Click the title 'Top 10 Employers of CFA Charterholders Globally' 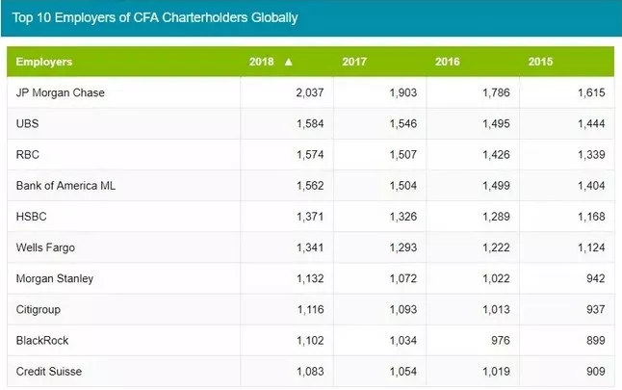click(156, 17)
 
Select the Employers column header click(44, 62)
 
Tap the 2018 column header click(261, 62)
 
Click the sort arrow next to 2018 click(288, 62)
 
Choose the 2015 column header click(541, 62)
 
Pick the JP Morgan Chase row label click(60, 92)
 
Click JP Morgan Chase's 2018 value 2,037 click(302, 92)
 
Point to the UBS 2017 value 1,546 click(396, 123)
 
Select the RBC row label click(28, 154)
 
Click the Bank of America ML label click(64, 185)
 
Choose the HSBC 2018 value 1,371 click(302, 216)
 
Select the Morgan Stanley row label click(54, 278)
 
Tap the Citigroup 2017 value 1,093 click(396, 309)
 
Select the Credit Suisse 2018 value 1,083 click(302, 371)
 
